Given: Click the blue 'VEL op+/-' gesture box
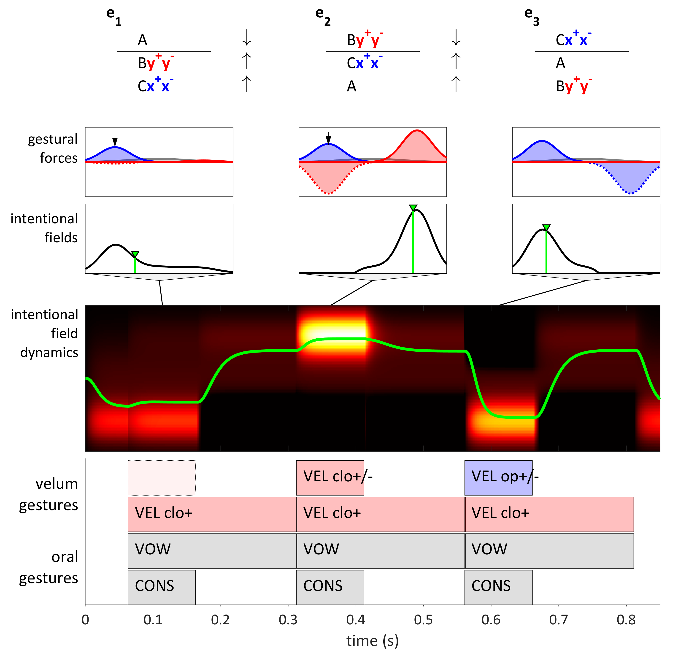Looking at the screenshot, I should click(498, 478).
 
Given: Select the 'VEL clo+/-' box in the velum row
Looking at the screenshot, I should click(330, 478).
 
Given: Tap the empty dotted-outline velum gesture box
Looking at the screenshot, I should click(162, 478).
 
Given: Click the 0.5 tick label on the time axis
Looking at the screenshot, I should click(423, 620).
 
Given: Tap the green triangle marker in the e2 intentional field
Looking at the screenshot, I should click(413, 208).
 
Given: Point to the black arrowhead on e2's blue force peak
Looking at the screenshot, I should click(328, 140).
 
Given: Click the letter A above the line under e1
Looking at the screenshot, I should click(143, 40).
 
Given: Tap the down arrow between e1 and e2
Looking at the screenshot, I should click(247, 38).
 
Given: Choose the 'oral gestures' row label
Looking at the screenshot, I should click(49, 567).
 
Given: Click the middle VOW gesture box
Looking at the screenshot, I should click(381, 551).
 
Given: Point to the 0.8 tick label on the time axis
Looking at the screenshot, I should click(626, 620).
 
